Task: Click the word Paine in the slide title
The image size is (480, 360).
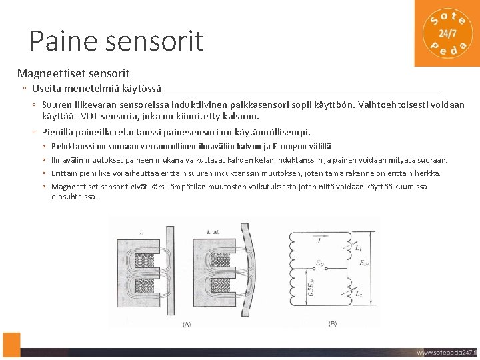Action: tap(61, 41)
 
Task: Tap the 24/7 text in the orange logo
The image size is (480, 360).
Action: tap(447, 33)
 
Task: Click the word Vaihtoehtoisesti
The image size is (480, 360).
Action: tap(394, 105)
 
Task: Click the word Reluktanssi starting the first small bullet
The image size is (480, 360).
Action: tap(73, 147)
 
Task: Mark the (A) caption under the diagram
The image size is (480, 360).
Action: tap(186, 324)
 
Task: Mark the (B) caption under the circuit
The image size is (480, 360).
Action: tap(333, 324)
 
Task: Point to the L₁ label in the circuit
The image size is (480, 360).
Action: tap(359, 249)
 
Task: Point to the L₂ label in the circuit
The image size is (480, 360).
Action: tap(359, 293)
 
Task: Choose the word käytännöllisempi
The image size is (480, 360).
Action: tap(273, 132)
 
